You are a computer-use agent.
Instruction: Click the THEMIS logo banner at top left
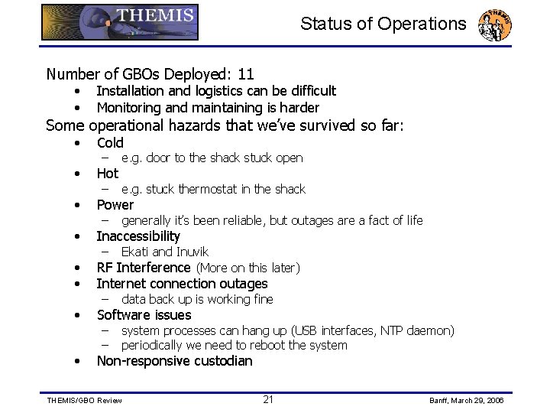120,22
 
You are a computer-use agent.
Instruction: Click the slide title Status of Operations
383,24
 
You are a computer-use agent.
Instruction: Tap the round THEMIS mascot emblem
494,25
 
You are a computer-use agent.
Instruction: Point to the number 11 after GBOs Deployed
245,74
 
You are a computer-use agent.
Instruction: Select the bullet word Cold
110,143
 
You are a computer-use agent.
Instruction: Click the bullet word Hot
108,174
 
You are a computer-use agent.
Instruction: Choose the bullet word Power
115,205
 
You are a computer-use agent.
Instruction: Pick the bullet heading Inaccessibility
138,236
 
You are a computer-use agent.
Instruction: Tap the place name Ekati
135,252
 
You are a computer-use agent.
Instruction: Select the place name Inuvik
192,252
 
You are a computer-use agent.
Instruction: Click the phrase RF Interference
144,268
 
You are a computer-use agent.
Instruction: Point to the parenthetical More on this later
248,268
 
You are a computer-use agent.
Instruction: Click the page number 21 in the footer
268,399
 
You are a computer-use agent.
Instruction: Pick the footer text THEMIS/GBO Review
84,400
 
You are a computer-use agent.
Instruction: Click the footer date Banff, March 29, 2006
465,400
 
